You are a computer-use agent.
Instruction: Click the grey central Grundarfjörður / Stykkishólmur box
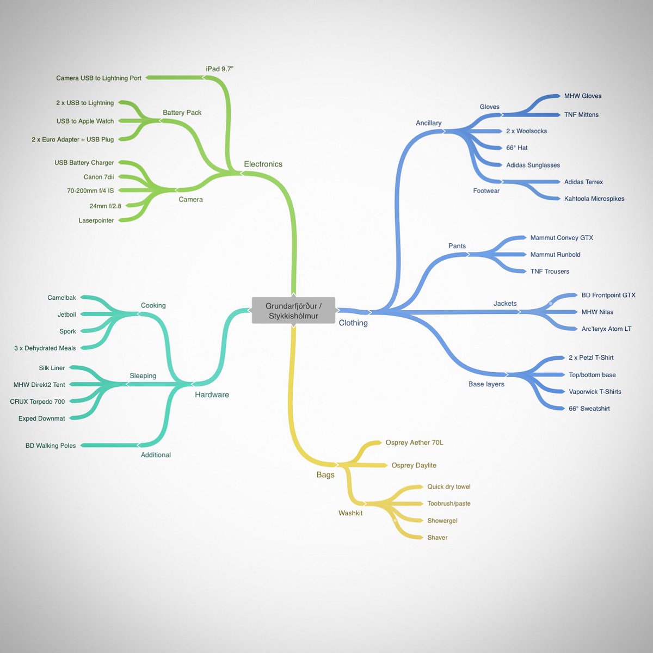click(x=293, y=310)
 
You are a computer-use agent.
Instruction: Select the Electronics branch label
click(x=263, y=164)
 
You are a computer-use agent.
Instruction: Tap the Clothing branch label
click(x=353, y=323)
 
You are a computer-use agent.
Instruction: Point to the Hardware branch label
click(x=212, y=395)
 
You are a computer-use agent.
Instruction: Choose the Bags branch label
click(x=325, y=475)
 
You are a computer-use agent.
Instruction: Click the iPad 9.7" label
click(x=220, y=69)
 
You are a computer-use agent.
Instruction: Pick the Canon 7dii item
click(x=98, y=177)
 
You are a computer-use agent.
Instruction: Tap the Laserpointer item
click(x=96, y=220)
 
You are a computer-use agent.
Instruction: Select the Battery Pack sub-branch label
click(x=182, y=113)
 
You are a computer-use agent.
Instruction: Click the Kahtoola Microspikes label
click(x=594, y=199)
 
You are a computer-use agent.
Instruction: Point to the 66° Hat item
click(x=517, y=148)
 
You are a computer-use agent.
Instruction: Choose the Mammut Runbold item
click(x=555, y=255)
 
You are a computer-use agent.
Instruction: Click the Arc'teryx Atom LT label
click(x=606, y=329)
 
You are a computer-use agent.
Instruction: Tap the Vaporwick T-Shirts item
click(x=595, y=392)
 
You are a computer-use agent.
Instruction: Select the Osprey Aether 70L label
click(x=414, y=442)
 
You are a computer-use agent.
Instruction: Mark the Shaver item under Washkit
click(x=437, y=538)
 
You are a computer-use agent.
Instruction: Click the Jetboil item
click(x=67, y=315)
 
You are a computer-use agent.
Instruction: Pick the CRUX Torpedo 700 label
click(x=38, y=402)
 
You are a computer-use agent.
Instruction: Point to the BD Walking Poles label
click(x=51, y=446)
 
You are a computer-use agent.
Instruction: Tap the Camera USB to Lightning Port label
click(x=98, y=78)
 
